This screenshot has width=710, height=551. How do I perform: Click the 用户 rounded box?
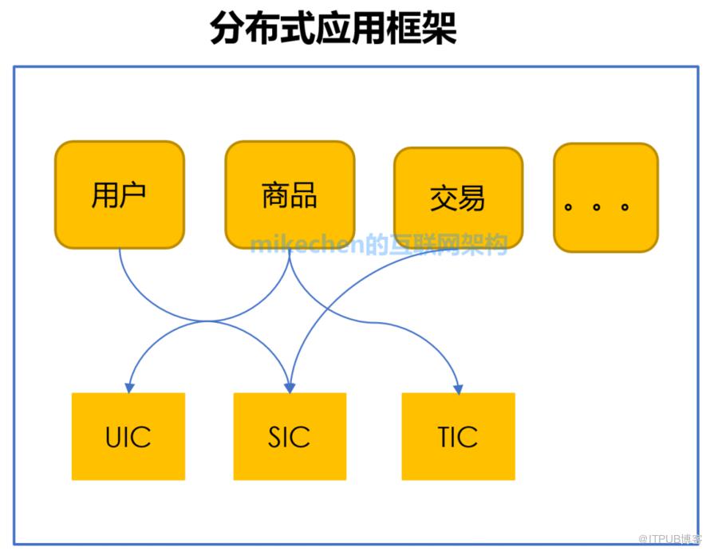[119, 195]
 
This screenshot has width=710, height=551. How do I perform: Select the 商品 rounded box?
[289, 195]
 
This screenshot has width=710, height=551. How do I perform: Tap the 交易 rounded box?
[458, 198]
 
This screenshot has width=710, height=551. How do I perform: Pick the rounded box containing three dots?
[605, 198]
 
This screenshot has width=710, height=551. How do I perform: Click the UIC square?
[128, 436]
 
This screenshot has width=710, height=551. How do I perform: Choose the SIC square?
[289, 436]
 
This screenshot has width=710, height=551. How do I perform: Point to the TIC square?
[458, 436]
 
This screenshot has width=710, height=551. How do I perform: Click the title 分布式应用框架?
[333, 29]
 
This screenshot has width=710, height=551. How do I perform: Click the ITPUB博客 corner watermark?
[674, 539]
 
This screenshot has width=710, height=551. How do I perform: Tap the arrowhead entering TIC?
[459, 388]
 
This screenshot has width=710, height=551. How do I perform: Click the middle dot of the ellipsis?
[596, 207]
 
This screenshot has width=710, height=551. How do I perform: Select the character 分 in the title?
[227, 29]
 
